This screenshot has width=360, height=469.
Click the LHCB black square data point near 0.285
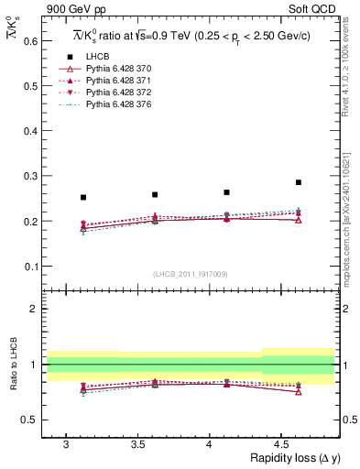(x=299, y=182)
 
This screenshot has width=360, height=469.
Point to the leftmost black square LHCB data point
(x=83, y=197)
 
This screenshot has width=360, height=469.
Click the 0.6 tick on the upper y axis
(x=29, y=41)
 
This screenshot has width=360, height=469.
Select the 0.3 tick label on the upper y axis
(x=29, y=176)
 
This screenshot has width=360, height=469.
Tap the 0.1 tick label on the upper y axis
(x=29, y=267)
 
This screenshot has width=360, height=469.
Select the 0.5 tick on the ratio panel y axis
(x=29, y=420)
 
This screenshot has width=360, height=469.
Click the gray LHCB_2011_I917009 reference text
(x=191, y=274)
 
